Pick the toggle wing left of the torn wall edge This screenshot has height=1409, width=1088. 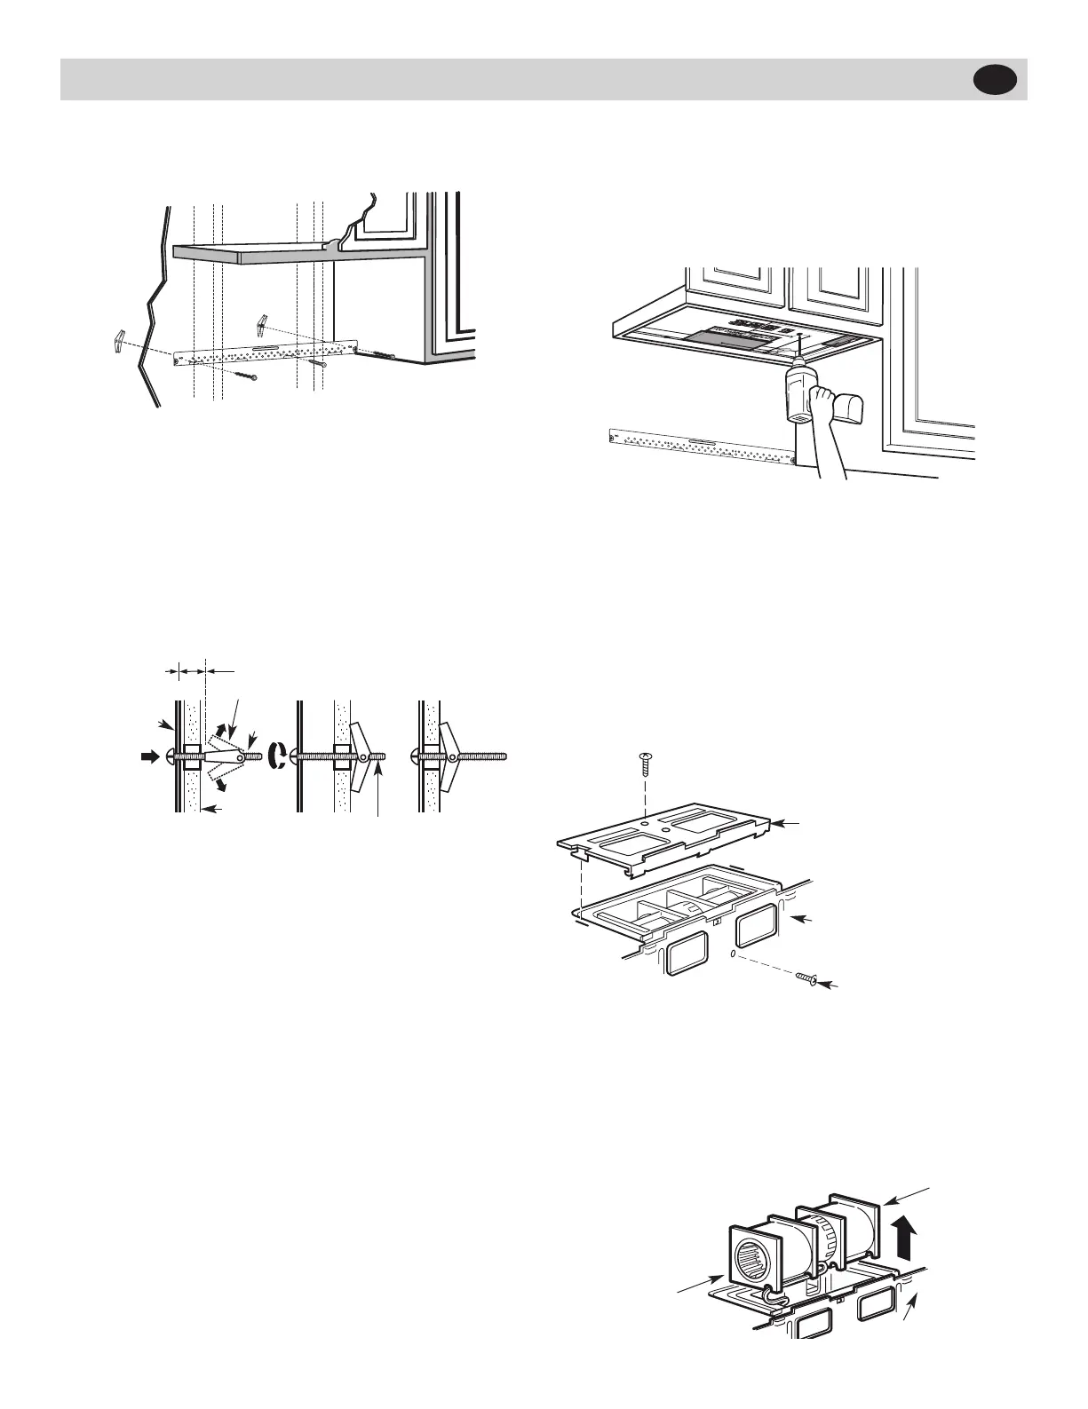[123, 341]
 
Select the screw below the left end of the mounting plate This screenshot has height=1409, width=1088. [247, 376]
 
